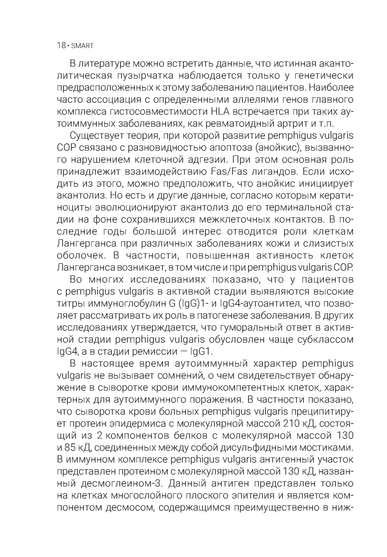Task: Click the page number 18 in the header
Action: coord(61,45)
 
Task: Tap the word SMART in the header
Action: coord(82,46)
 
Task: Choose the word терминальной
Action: coord(300,207)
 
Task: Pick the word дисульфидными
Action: coord(264,448)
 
